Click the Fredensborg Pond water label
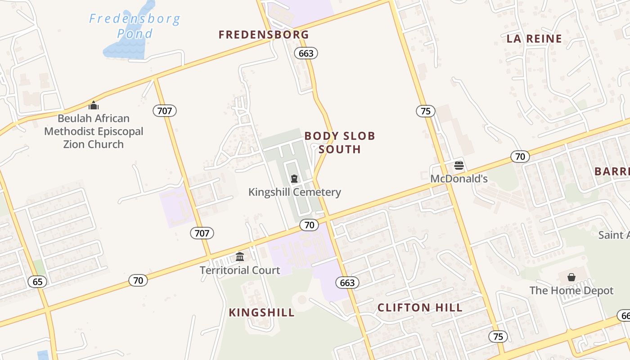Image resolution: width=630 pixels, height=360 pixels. coord(134,26)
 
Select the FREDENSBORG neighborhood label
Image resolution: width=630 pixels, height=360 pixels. coord(264,35)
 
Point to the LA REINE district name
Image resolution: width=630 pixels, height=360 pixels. coord(534,39)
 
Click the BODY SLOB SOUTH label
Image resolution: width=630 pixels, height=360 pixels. coord(340,142)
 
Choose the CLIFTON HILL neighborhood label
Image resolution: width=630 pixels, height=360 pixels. coord(419,308)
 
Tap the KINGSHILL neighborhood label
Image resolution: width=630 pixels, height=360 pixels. coord(261,312)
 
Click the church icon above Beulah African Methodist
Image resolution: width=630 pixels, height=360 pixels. coord(94,105)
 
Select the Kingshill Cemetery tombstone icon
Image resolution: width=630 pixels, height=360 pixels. coord(294,179)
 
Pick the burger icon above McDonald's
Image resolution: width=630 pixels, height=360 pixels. coord(459,165)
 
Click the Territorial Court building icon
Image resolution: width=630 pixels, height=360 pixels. coord(240,256)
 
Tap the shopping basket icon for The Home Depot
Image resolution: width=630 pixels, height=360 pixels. coord(571,277)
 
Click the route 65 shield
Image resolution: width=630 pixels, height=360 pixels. coord(37,282)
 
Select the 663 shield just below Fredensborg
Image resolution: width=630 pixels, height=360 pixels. coord(306,53)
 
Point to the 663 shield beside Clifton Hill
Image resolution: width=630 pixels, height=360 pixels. coord(347,283)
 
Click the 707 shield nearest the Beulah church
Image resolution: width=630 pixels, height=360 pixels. coord(165,110)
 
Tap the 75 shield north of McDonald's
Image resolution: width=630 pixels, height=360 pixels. coord(425,111)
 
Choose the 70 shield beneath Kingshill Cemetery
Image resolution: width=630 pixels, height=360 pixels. coord(309,225)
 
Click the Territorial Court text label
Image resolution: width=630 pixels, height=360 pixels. coord(240,270)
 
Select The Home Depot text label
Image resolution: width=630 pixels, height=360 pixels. coord(571,290)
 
